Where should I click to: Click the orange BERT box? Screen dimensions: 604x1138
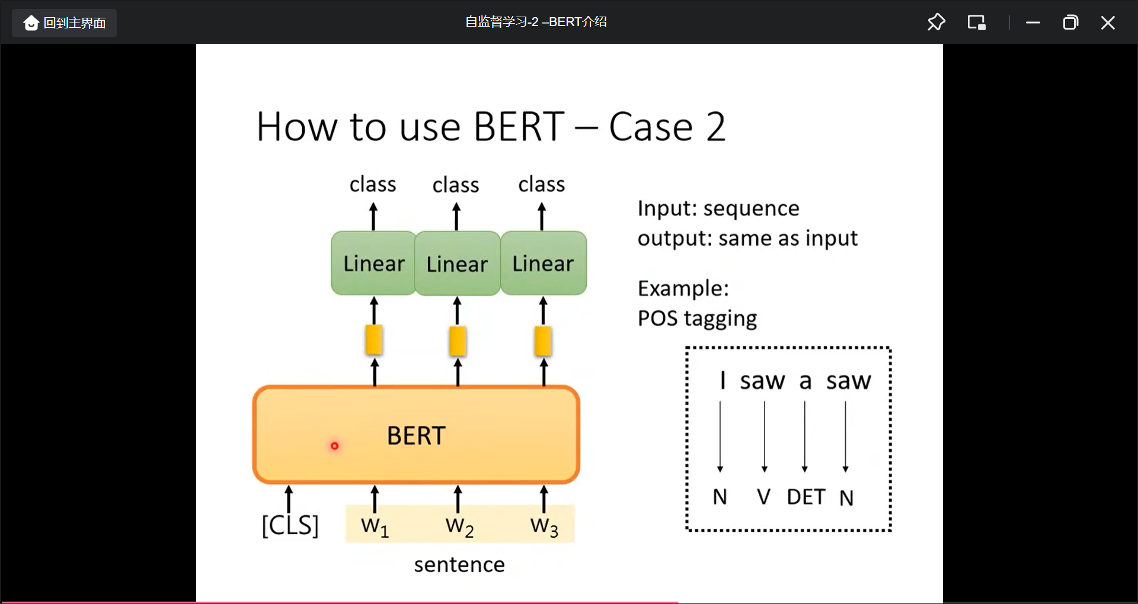coord(416,435)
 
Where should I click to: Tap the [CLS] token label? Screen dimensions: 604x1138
coord(290,525)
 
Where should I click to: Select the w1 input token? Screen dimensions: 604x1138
coord(375,525)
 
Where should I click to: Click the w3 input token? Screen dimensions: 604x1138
coord(544,525)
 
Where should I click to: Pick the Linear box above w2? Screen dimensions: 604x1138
coord(457,264)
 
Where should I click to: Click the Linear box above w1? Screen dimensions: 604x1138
coord(373,264)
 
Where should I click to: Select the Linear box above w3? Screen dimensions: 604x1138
coord(544,264)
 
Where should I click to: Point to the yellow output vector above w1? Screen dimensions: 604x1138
coord(373,340)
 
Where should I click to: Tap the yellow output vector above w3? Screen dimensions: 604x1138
coord(543,341)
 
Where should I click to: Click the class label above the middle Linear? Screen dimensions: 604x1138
coord(455,185)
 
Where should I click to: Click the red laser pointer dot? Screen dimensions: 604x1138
coord(334,446)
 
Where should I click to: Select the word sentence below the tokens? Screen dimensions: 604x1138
coord(459,564)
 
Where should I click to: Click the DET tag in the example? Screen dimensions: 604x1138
coord(805,497)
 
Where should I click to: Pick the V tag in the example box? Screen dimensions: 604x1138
coord(763,497)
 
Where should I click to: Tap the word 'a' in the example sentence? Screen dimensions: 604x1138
coord(805,381)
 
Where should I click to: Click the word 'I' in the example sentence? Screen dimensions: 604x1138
coord(723,380)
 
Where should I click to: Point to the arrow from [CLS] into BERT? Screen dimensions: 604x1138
coord(289,499)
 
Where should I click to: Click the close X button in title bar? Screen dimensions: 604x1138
coord(1107,23)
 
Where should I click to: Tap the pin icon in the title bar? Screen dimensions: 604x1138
coord(936,23)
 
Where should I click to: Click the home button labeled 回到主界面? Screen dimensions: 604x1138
coord(65,23)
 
